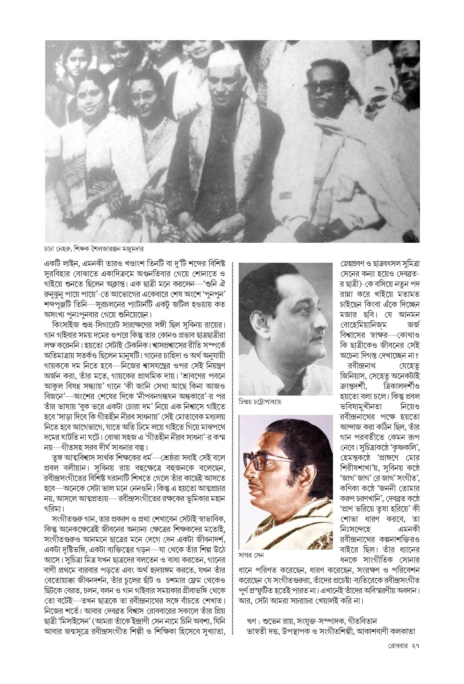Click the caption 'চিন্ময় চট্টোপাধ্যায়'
click(x=260, y=401)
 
